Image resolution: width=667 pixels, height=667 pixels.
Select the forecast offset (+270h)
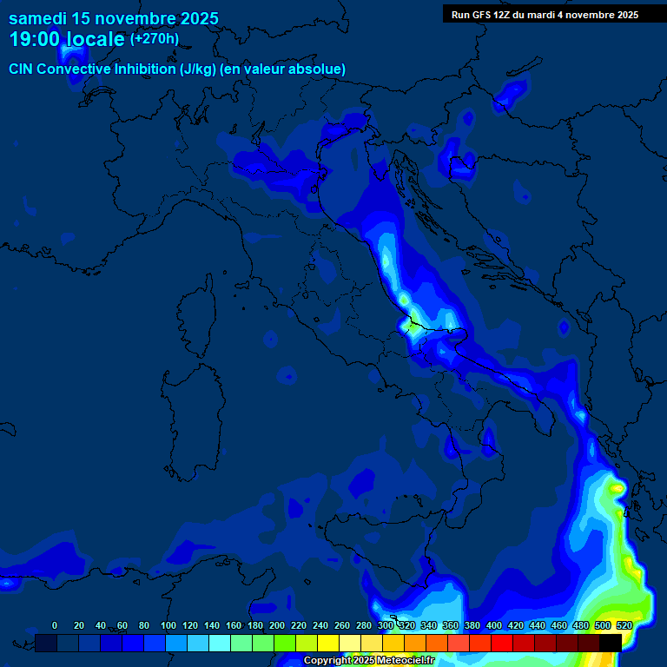[155, 39]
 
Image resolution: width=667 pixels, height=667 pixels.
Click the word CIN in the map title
[21, 69]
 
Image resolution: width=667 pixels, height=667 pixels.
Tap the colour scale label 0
[55, 625]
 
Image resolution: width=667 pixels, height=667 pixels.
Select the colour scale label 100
[168, 625]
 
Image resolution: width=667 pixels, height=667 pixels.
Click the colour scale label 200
[277, 625]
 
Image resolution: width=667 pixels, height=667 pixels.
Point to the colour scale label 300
[386, 625]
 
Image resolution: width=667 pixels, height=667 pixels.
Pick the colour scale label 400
[494, 625]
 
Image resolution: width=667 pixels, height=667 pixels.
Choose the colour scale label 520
[624, 625]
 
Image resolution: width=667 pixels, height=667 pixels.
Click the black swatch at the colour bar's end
[611, 643]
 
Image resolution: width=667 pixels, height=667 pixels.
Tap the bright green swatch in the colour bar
[284, 643]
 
